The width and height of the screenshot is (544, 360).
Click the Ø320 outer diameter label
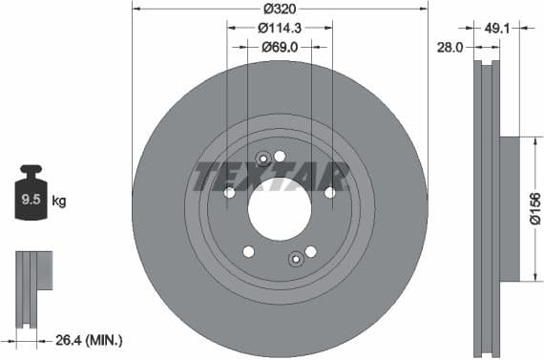[x=280, y=9]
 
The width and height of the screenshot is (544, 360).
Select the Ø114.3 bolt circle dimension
[x=280, y=29]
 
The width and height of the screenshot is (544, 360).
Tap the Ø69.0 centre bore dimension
[x=280, y=46]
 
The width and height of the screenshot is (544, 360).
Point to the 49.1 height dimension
[x=504, y=28]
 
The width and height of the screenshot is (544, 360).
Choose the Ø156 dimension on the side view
[x=534, y=209]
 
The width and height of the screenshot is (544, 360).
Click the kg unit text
[x=59, y=201]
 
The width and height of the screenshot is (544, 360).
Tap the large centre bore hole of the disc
[x=280, y=208]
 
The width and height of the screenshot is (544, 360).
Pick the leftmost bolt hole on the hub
[x=230, y=192]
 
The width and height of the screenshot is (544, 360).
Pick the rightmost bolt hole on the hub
[x=329, y=192]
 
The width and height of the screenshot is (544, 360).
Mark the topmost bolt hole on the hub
[x=280, y=156]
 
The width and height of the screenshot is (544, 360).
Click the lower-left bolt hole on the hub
[x=249, y=251]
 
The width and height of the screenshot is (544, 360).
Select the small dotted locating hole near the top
[x=264, y=159]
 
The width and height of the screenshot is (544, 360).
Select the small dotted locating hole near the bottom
[x=296, y=257]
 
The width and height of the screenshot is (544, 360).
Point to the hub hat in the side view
[x=509, y=209]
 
